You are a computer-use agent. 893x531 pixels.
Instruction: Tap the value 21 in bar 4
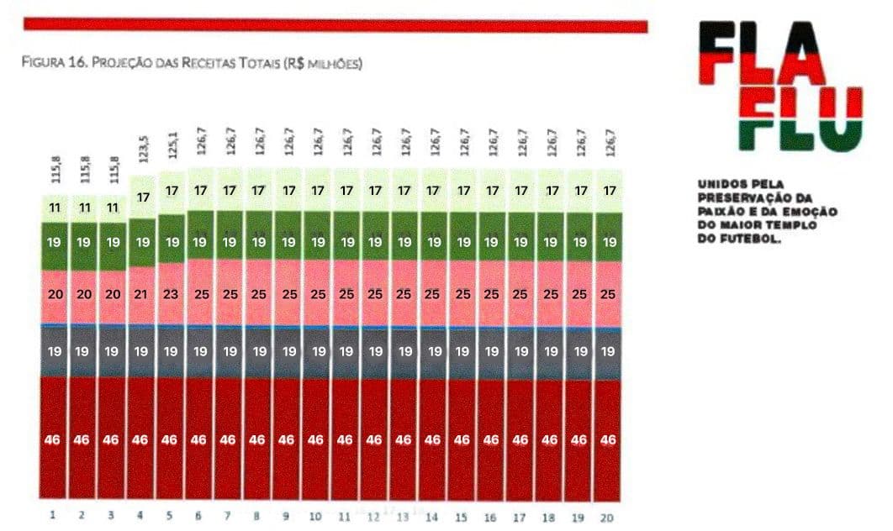[x=140, y=294]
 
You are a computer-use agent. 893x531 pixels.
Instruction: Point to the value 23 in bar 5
[x=170, y=294]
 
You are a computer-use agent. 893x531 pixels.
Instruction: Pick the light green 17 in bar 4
[x=141, y=198]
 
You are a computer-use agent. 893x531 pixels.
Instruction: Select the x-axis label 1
[x=52, y=515]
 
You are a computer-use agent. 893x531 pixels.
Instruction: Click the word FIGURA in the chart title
[x=43, y=63]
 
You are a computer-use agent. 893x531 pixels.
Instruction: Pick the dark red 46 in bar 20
[x=608, y=439]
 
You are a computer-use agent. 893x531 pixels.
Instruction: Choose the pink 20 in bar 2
[x=82, y=294]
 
